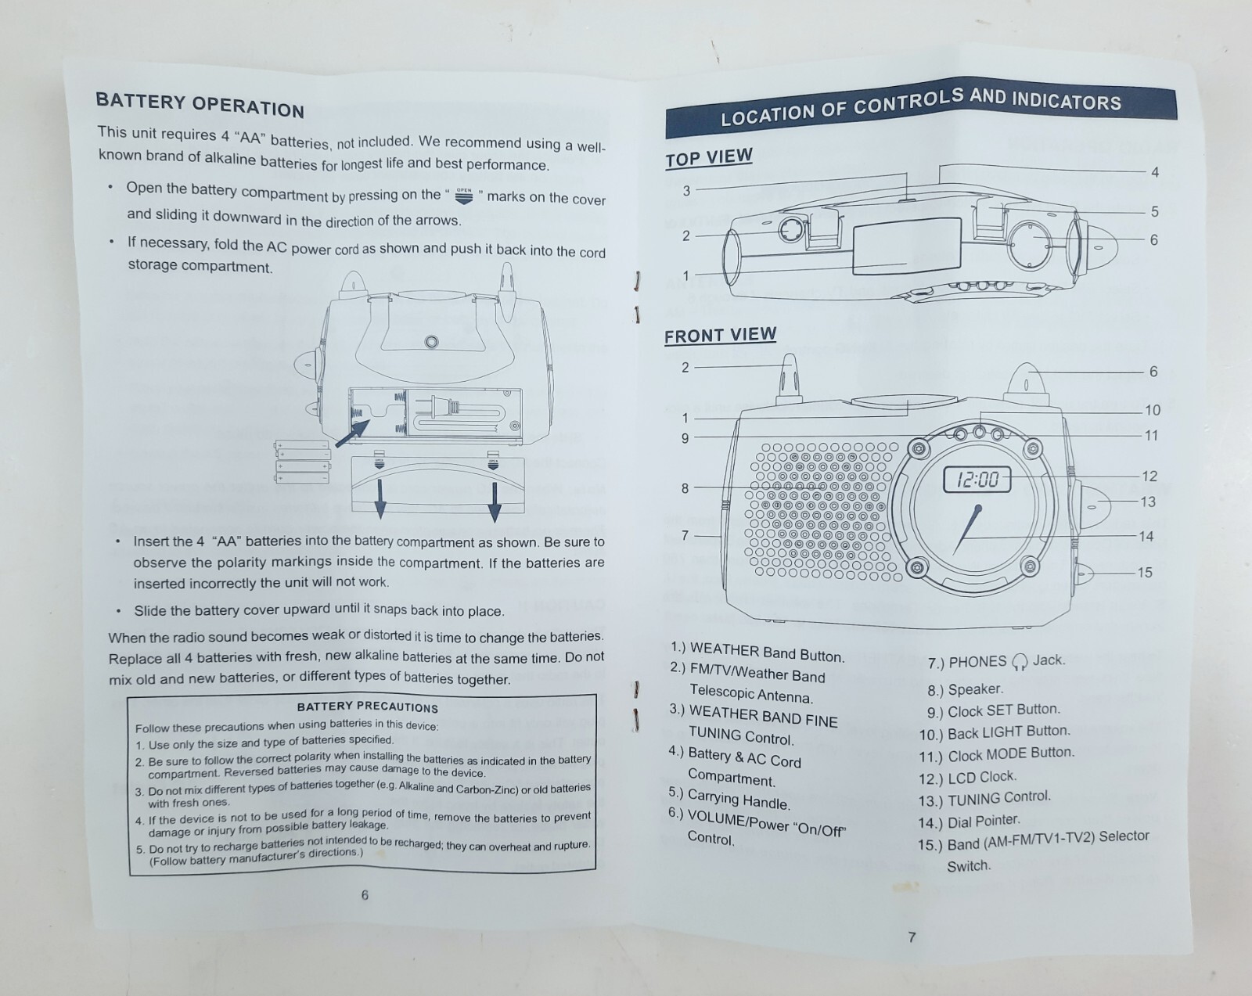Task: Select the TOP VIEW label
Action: point(708,157)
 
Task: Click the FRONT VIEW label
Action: point(720,335)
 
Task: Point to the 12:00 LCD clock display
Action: point(977,479)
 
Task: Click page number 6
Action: point(365,895)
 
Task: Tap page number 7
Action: point(912,937)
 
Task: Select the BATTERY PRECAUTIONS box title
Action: point(367,707)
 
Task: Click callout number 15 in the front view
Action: point(1144,573)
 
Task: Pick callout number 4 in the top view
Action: point(1154,172)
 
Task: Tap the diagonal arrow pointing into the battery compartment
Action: point(352,433)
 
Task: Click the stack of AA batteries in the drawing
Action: point(302,461)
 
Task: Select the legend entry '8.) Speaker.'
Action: point(965,689)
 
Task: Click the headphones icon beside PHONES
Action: point(1019,663)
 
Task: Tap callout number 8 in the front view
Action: point(685,488)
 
